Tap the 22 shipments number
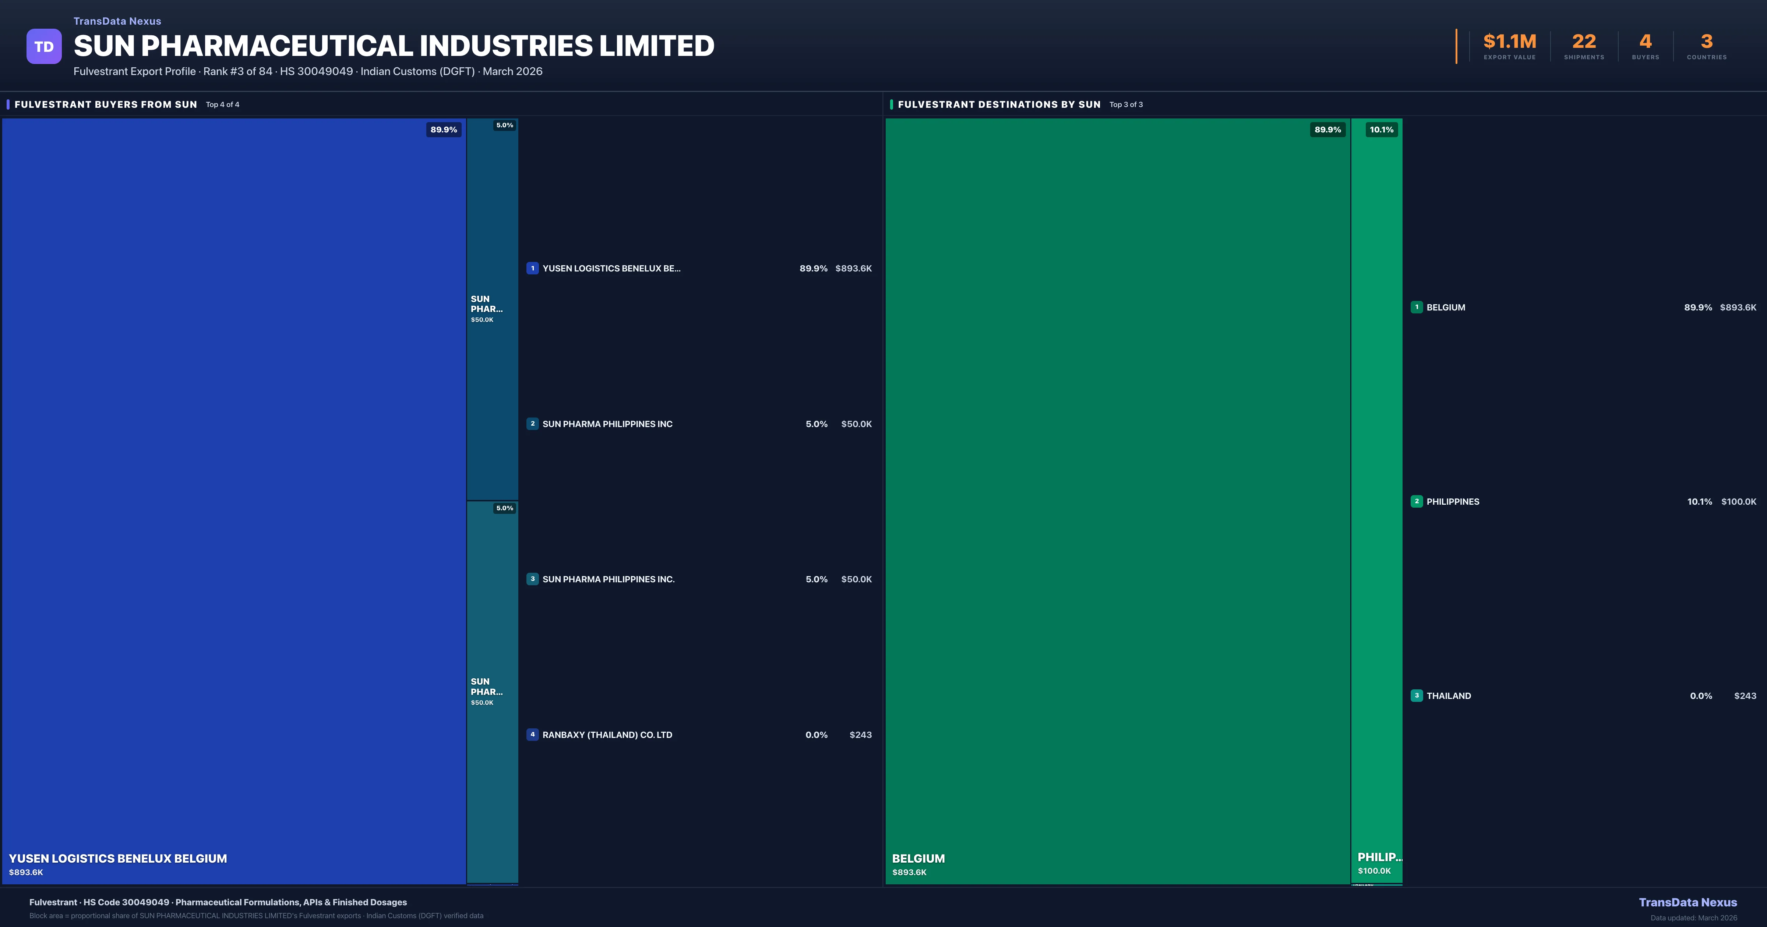pos(1584,42)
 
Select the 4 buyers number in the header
pos(1645,42)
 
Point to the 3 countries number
pos(1707,42)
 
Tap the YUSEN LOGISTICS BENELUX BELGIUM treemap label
pos(118,859)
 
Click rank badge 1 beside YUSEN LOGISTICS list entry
pos(532,268)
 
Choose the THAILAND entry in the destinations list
pos(1449,696)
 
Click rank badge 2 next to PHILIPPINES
pos(1417,501)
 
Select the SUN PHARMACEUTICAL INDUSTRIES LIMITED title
pos(394,46)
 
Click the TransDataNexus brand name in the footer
pos(1687,902)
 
